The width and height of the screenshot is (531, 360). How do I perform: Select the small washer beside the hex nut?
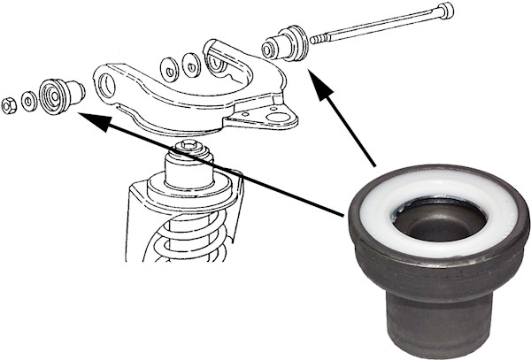[29, 101]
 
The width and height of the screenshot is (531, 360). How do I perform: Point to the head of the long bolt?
[445, 11]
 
